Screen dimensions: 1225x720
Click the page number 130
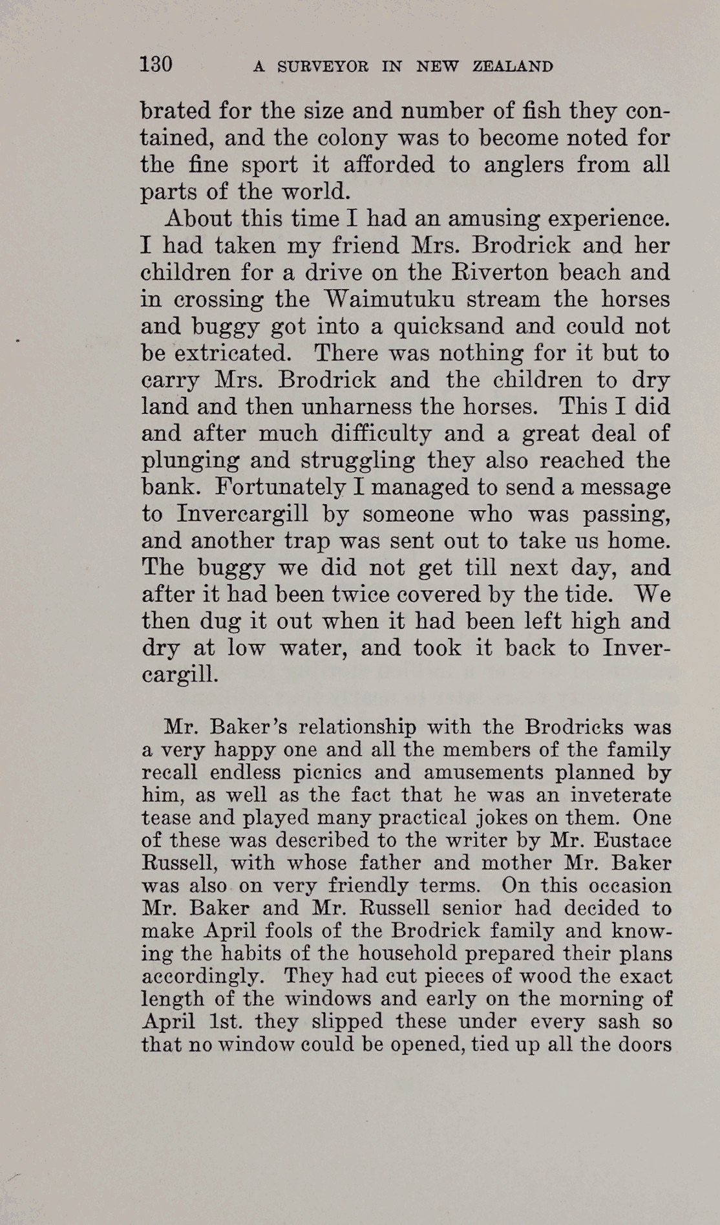coord(156,65)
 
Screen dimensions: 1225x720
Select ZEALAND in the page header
coord(513,67)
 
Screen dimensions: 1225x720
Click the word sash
coord(620,1022)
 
